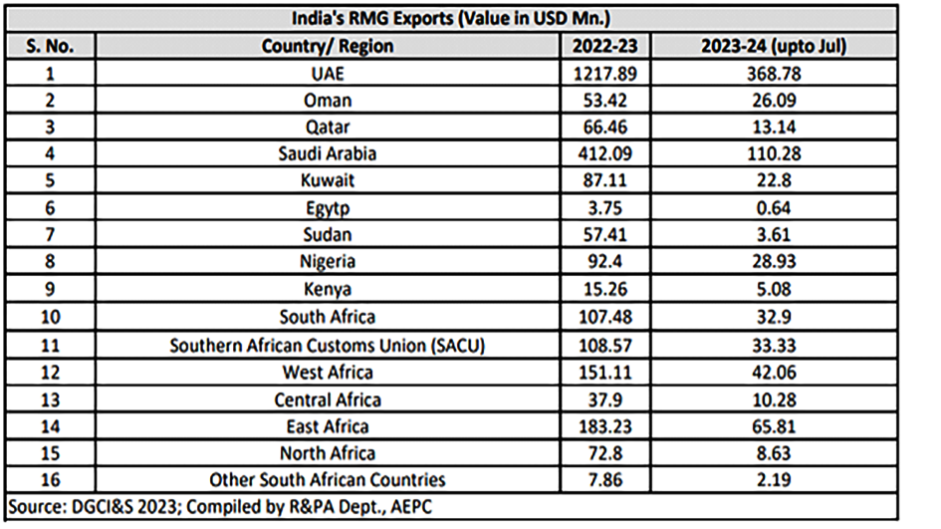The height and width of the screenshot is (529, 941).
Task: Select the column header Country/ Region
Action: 327,46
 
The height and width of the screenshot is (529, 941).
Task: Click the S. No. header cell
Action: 52,46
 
